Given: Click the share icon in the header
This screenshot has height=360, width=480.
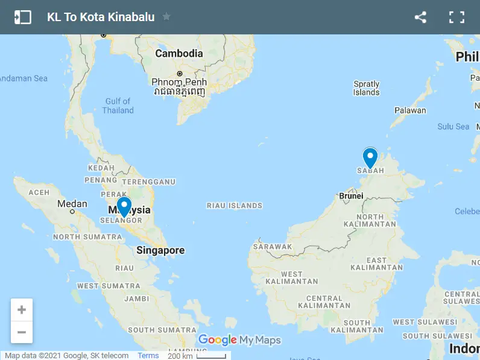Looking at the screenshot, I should click(x=420, y=17).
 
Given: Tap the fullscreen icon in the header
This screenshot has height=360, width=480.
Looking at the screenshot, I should click(x=456, y=17).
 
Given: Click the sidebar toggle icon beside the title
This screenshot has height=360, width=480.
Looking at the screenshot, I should click(x=22, y=17).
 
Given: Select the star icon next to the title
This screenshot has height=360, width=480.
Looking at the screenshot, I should click(x=166, y=17).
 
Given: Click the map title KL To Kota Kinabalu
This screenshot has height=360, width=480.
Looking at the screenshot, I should click(x=101, y=17).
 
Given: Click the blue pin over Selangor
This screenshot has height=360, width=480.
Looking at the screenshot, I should click(x=124, y=207).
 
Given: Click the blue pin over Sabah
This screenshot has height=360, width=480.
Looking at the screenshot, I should click(x=370, y=158).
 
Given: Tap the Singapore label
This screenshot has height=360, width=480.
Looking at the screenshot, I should click(x=160, y=250).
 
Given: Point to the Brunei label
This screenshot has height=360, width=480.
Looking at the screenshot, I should click(x=352, y=195).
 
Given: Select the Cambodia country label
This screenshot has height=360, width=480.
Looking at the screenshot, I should click(x=179, y=53).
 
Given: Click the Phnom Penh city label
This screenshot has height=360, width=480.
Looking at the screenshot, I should click(x=179, y=82).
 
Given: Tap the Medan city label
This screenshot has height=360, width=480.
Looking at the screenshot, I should click(x=72, y=204).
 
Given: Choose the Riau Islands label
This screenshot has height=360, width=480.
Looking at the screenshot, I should click(x=235, y=206).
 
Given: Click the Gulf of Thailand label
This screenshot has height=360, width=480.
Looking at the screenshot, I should click(x=118, y=106).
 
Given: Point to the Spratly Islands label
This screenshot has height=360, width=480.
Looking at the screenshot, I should click(x=367, y=88).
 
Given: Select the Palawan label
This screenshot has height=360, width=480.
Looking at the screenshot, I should click(x=410, y=110).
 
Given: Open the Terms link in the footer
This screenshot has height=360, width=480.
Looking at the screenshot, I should click(x=148, y=356).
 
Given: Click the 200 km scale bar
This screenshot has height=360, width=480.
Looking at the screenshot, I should click(x=197, y=356).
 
